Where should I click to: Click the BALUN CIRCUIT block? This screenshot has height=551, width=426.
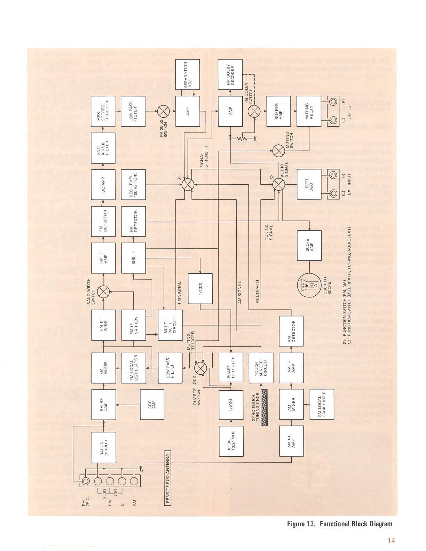[104, 447]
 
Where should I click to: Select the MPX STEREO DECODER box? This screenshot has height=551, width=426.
[103, 111]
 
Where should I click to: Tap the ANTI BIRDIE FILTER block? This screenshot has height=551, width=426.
[103, 148]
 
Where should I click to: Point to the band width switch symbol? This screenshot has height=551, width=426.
[103, 292]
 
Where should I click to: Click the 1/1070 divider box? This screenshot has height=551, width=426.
[200, 288]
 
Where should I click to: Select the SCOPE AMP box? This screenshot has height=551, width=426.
[309, 245]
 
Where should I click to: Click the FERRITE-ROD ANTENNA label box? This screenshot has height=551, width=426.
[167, 478]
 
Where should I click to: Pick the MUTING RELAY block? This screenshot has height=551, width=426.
[309, 111]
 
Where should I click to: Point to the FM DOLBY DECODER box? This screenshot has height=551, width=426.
[230, 74]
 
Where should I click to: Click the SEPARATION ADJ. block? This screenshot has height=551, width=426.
[188, 74]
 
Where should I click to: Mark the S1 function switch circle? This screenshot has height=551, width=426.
[188, 184]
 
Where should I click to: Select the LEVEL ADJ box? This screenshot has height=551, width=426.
[309, 184]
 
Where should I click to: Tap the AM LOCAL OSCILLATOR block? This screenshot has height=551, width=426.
[322, 404]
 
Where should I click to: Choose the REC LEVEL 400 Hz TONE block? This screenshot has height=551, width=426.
[133, 185]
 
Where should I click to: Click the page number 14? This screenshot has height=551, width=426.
[391, 541]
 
